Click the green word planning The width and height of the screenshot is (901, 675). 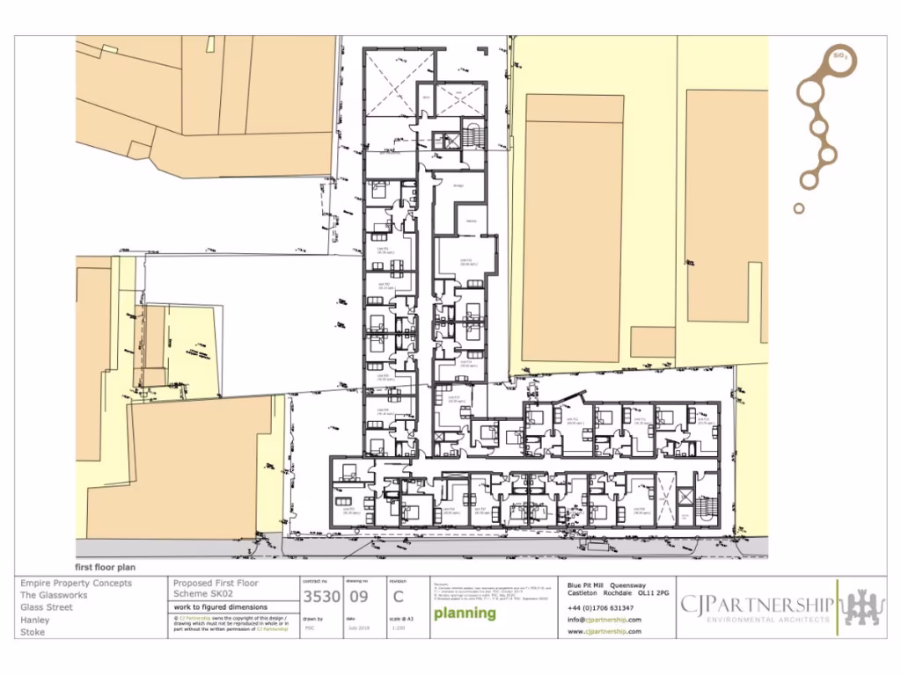[x=465, y=613]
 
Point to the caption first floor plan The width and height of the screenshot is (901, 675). [x=106, y=568]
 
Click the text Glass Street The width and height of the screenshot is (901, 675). [x=48, y=607]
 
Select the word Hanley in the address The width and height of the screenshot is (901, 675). [x=36, y=620]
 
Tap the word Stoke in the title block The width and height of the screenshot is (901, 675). [x=33, y=632]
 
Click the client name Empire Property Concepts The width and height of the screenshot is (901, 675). [x=76, y=583]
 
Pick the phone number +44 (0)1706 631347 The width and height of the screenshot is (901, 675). [x=600, y=608]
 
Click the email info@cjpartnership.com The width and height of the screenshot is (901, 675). [x=604, y=620]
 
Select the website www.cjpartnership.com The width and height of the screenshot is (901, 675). [x=604, y=631]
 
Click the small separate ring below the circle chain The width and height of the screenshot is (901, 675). [x=799, y=208]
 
